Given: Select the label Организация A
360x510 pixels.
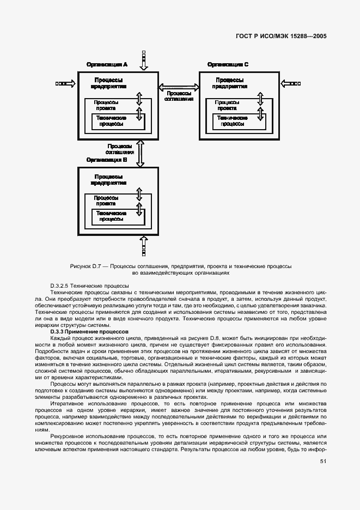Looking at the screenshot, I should [107, 64].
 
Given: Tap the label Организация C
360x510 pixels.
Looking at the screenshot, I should [228, 64].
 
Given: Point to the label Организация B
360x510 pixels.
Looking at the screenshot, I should [107, 160].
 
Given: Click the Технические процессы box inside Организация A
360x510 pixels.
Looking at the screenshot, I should [112, 121].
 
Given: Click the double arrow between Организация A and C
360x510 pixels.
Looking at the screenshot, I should [179, 86].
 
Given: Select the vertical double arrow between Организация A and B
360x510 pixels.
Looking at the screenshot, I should [140, 153].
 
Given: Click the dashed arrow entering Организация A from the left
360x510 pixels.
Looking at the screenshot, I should [65, 84].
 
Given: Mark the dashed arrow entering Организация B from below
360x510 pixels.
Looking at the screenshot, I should [144, 246].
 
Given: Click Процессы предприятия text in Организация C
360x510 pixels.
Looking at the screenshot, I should [228, 83].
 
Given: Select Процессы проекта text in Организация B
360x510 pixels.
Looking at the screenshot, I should [107, 200].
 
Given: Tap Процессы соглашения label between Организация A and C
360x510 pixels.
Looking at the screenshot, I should [179, 96].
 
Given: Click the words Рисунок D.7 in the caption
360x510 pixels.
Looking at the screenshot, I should [87, 266].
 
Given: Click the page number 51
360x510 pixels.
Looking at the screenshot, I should [323, 461].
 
